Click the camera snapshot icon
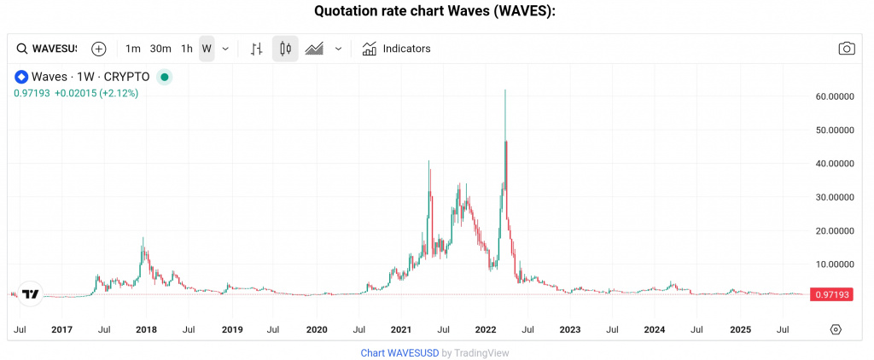(x=846, y=49)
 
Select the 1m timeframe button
(x=132, y=49)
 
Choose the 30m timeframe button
(x=160, y=49)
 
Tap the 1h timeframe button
(x=187, y=49)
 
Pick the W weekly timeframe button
(x=207, y=49)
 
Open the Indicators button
(x=396, y=49)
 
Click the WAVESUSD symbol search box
(x=48, y=49)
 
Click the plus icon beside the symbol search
(x=99, y=49)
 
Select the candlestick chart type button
(x=285, y=49)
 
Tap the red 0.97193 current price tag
(x=830, y=294)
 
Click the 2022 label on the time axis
(x=486, y=329)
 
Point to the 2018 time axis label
(x=146, y=329)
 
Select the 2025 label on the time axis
(x=740, y=329)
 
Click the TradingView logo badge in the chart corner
(x=31, y=294)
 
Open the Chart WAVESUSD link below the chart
(x=399, y=352)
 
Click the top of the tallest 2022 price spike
(x=505, y=90)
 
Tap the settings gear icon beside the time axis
(x=836, y=329)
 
